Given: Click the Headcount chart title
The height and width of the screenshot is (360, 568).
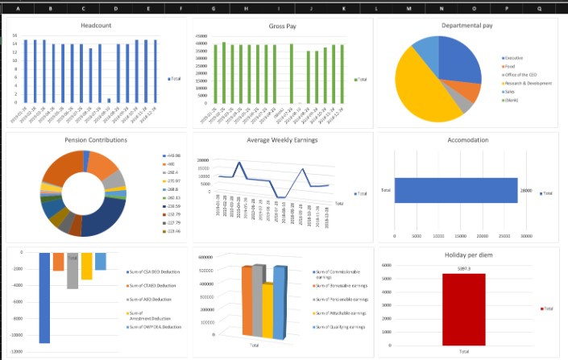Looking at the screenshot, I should (x=97, y=27).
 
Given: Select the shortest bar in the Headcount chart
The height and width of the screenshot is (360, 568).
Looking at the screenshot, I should (x=109, y=101).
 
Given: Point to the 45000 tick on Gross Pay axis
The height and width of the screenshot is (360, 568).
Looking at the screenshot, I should (x=201, y=37).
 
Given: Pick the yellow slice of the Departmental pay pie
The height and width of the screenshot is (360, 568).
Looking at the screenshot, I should (x=425, y=91).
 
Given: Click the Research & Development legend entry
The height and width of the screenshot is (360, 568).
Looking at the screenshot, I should (x=529, y=83).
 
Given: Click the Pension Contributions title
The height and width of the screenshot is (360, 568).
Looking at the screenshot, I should (x=96, y=140).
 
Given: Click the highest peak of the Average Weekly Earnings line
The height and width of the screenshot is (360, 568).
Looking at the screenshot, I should (x=304, y=169).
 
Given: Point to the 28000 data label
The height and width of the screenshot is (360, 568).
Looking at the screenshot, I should (x=526, y=191).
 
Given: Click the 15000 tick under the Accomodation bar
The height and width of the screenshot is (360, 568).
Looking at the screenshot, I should (x=461, y=236).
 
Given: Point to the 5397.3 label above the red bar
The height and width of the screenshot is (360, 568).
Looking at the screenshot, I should (x=463, y=267).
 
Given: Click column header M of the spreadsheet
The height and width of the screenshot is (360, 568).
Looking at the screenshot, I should (x=408, y=8).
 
